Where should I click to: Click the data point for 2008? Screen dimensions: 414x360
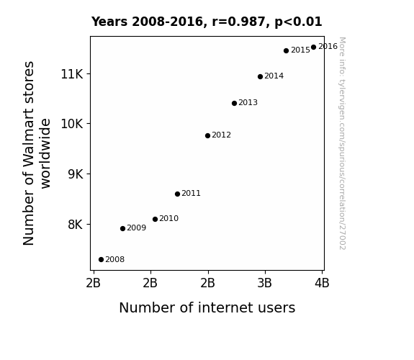pos(101,260)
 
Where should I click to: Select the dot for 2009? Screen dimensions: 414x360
pos(122,228)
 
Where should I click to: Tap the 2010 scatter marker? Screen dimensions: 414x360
pos(155,219)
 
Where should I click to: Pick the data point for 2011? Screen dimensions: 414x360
pos(177,194)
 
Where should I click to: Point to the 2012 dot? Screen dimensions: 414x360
pos(207,136)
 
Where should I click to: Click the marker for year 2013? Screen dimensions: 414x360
pos(234,103)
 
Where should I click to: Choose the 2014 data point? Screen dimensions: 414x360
pos(260,76)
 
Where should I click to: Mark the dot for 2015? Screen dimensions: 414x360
pos(287,50)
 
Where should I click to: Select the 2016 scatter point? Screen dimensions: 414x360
pos(313,48)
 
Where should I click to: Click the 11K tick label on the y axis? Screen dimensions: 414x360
pos(72,74)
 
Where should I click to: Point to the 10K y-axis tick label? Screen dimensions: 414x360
pos(72,124)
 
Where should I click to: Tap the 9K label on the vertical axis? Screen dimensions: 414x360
pos(76,174)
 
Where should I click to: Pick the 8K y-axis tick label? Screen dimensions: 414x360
pos(76,225)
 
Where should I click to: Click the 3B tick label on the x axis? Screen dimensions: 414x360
pos(264,283)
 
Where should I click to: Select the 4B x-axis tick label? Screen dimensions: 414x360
pos(322,283)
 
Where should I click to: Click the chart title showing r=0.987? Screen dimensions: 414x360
pos(207,22)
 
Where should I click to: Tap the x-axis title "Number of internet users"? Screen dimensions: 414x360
pos(207,307)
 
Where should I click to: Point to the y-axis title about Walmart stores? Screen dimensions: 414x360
pos(37,153)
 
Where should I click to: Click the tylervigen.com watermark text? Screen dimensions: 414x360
pos(342,143)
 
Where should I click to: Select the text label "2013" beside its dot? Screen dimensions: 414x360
pos(248,102)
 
